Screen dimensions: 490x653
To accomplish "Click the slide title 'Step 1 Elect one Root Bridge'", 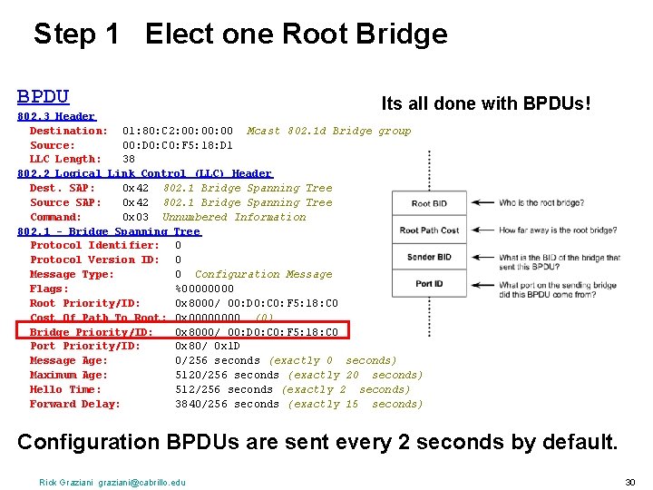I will pyautogui.click(x=240, y=34).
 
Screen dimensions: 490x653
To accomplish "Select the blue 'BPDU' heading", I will pyautogui.click(x=44, y=96).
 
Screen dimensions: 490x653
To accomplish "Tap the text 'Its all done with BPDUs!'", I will pyautogui.click(x=486, y=103).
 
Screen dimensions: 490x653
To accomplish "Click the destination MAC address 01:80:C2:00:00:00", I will pyautogui.click(x=178, y=131).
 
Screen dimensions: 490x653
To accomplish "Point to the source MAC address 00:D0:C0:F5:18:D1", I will pyautogui.click(x=178, y=145).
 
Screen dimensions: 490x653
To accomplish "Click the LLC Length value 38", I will pyautogui.click(x=129, y=159).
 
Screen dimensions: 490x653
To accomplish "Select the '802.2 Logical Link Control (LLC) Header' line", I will pyautogui.click(x=145, y=173).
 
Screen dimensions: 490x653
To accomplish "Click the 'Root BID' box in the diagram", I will pyautogui.click(x=428, y=203).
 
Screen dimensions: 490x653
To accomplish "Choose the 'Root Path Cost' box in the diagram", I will pyautogui.click(x=428, y=230).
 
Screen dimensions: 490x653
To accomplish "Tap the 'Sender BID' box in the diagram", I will pyautogui.click(x=428, y=258).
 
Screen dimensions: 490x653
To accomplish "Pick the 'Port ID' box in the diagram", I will pyautogui.click(x=428, y=284).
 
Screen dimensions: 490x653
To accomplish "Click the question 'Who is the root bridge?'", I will pyautogui.click(x=541, y=203).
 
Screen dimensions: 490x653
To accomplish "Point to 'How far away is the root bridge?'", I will pyautogui.click(x=558, y=230).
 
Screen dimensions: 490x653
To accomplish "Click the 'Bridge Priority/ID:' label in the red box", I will pyautogui.click(x=92, y=332).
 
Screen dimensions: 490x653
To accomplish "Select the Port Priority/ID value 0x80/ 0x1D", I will pyautogui.click(x=208, y=346).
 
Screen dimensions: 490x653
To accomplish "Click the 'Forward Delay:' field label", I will pyautogui.click(x=75, y=404).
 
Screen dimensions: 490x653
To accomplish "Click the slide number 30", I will pyautogui.click(x=629, y=481).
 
